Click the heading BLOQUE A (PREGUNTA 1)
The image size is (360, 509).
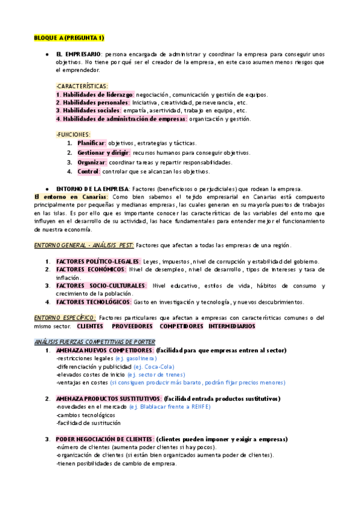pyautogui.click(x=69, y=38)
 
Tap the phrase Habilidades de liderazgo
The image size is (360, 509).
pyautogui.click(x=94, y=94)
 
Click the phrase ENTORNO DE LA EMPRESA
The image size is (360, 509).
pyautogui.click(x=92, y=188)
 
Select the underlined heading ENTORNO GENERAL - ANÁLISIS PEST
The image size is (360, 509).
pyautogui.click(x=84, y=245)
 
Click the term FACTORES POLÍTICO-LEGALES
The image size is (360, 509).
pyautogui.click(x=98, y=261)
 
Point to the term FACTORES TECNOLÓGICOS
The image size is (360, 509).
pyautogui.click(x=93, y=302)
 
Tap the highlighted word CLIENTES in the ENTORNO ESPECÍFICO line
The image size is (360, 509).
pyautogui.click(x=90, y=326)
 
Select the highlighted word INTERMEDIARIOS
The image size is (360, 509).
pyautogui.click(x=232, y=326)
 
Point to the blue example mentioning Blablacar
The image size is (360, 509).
pyautogui.click(x=170, y=406)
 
